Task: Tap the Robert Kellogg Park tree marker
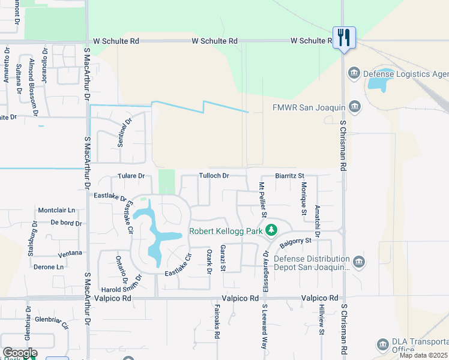[271, 230]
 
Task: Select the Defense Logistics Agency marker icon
[354, 74]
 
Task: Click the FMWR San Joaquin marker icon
[355, 107]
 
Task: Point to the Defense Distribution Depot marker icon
[359, 262]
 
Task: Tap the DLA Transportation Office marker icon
[382, 344]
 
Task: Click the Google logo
[20, 353]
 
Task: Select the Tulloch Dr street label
[214, 176]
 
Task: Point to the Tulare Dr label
[131, 176]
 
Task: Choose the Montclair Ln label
[56, 211]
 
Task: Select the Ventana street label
[70, 253]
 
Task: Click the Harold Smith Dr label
[130, 280]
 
